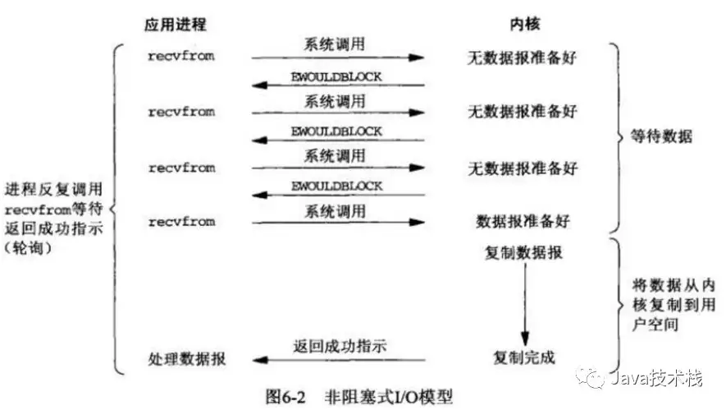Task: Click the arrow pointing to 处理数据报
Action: [338, 360]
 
